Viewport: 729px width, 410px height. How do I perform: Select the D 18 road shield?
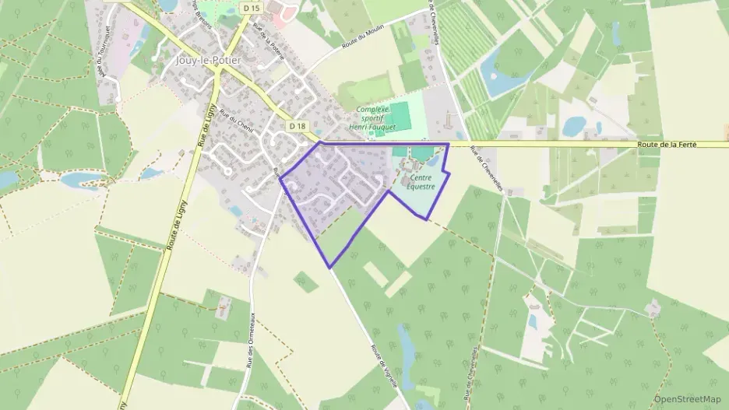pos(298,125)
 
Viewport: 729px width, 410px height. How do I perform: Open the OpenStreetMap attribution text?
pos(687,399)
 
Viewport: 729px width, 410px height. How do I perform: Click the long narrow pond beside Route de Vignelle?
pos(406,347)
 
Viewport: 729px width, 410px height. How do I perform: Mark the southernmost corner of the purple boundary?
pos(330,268)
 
